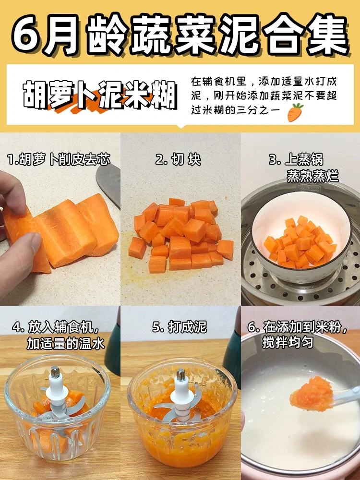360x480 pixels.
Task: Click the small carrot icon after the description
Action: click(295, 113)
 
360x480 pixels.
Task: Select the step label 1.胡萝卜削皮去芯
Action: click(59, 160)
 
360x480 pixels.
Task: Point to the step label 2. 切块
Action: click(179, 160)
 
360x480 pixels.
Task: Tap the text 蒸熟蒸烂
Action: click(312, 176)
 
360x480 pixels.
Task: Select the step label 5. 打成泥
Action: click(180, 327)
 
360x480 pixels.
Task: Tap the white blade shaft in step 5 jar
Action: click(181, 386)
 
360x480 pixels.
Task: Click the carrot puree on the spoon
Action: click(312, 394)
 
